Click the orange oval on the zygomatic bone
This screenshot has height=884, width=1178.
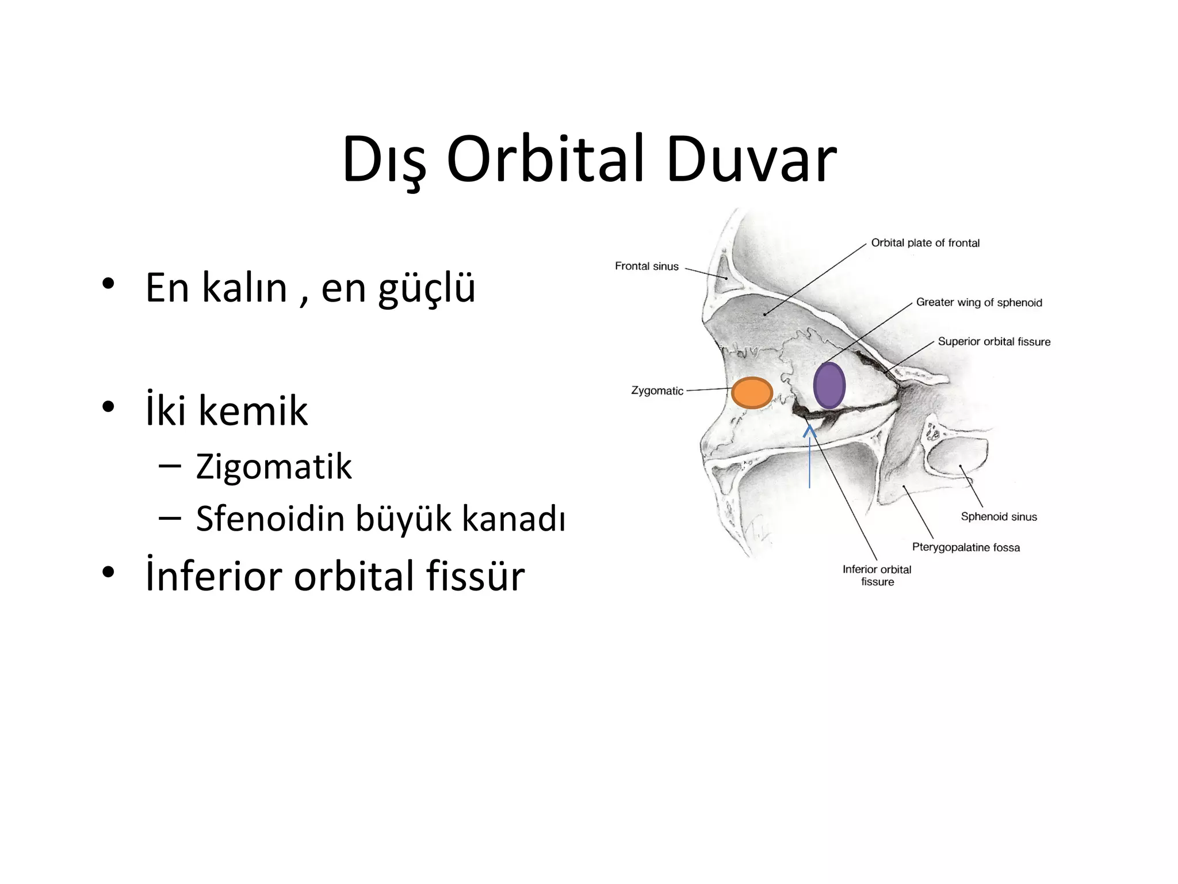[752, 393]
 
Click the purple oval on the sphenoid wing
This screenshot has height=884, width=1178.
[829, 385]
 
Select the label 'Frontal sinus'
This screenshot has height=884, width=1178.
[647, 266]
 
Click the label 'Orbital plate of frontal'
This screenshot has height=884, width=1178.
[925, 243]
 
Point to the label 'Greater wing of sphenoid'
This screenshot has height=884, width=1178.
[978, 303]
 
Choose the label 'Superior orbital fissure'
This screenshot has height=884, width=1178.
[994, 342]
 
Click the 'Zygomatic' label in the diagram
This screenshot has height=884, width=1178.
[657, 391]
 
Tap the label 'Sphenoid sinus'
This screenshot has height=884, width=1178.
[999, 517]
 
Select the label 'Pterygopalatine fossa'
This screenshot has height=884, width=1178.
[966, 547]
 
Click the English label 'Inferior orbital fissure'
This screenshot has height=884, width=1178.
[877, 576]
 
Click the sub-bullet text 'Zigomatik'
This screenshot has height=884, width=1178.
[273, 466]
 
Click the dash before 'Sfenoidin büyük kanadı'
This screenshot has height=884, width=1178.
[169, 517]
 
